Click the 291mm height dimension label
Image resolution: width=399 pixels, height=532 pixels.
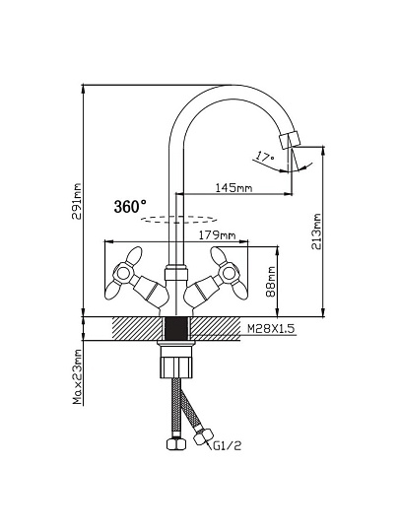coord(78,202)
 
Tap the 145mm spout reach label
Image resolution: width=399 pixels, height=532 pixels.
coord(233,187)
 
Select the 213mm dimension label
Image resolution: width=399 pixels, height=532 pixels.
coord(316,232)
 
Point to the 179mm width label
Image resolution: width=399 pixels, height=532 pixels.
coord(217,235)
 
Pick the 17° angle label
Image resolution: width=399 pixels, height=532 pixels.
coord(264,157)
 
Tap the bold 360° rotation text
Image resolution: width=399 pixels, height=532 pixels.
coord(130,207)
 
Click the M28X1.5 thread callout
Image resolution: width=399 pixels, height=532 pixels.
coord(271,329)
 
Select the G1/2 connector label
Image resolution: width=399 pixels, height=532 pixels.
coord(227,445)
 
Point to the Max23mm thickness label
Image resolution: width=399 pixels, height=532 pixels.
coord(78,376)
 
